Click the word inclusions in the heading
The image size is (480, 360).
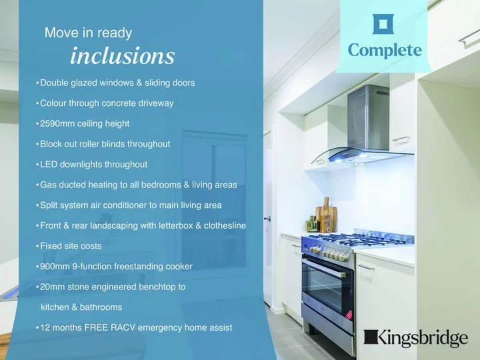pos(123,56)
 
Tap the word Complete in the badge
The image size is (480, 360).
pos(385,51)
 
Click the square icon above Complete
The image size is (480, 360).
pos(383,24)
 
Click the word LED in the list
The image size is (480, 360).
pos(49,165)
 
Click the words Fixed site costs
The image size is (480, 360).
pos(71,246)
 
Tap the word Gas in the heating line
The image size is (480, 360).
pos(48,185)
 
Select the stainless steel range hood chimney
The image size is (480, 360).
pos(368,118)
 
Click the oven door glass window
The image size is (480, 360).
pos(322,289)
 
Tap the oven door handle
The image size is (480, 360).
pos(324,269)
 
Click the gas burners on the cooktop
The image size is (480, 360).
pos(358,239)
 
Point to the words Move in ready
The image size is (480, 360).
pos(88,33)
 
